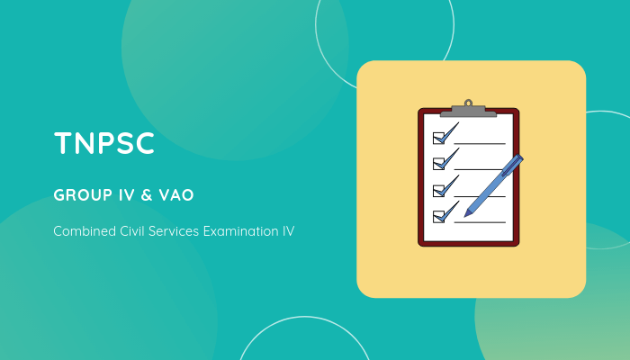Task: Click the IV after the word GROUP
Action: tap(126, 194)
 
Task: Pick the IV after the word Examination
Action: tap(287, 231)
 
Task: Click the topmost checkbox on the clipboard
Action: tap(439, 138)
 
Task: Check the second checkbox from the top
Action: tap(439, 164)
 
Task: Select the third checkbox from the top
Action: tap(439, 190)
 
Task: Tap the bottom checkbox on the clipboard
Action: tap(439, 216)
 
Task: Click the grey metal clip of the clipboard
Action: tap(468, 110)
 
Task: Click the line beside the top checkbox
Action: tap(480, 143)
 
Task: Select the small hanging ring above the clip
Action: tap(468, 102)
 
